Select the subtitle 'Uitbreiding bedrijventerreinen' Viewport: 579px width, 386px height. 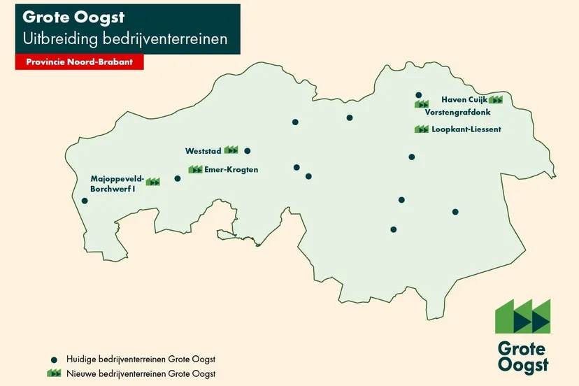click(125, 38)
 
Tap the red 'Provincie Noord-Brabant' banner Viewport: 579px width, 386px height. click(79, 62)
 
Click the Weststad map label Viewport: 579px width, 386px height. click(203, 151)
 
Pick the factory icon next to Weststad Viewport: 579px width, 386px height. click(231, 150)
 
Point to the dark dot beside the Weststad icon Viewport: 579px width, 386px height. click(247, 150)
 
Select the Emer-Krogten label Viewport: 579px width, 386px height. click(231, 170)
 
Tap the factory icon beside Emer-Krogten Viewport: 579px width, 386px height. click(196, 169)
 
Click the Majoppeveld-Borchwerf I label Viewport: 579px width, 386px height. click(117, 183)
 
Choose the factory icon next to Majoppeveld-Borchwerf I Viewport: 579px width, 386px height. click(153, 182)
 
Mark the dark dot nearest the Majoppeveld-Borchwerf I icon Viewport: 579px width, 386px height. click(177, 178)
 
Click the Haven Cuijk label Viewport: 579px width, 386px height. click(464, 100)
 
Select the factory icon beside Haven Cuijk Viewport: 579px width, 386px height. click(496, 100)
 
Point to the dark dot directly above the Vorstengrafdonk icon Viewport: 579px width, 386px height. click(418, 95)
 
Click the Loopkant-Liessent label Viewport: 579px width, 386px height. click(466, 129)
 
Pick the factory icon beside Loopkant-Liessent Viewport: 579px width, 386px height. click(422, 129)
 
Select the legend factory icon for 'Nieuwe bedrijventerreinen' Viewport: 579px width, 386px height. click(54, 373)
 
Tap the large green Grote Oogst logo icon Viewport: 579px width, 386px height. click(522, 317)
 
